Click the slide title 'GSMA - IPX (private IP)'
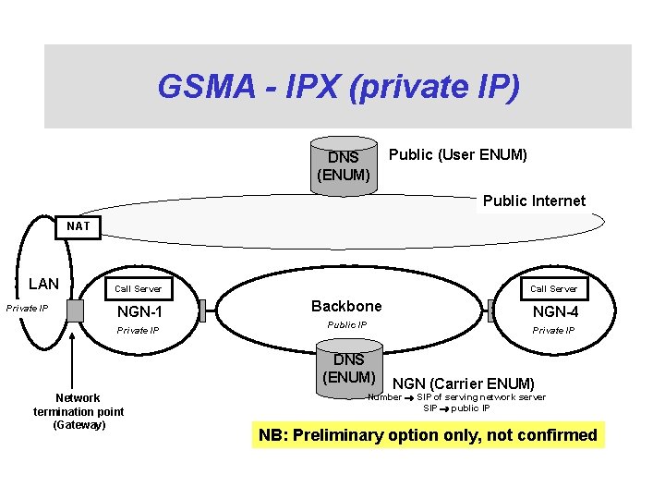pyautogui.click(x=338, y=87)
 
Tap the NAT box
pyautogui.click(x=79, y=225)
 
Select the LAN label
pyautogui.click(x=43, y=284)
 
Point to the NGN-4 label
pyautogui.click(x=555, y=311)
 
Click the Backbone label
pyautogui.click(x=346, y=306)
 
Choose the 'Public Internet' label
pyautogui.click(x=534, y=201)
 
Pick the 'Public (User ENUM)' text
pyautogui.click(x=458, y=155)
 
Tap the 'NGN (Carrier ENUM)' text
pyautogui.click(x=464, y=383)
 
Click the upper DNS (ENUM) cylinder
pyautogui.click(x=345, y=165)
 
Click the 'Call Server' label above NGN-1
pyautogui.click(x=138, y=289)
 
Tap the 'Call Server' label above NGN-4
pyautogui.click(x=554, y=289)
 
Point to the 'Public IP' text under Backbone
pyautogui.click(x=347, y=325)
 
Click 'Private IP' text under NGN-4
pyautogui.click(x=554, y=330)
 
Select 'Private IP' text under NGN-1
pyautogui.click(x=137, y=330)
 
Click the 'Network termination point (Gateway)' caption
pyautogui.click(x=79, y=411)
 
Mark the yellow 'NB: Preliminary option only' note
pyautogui.click(x=428, y=435)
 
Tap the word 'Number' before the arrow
pyautogui.click(x=384, y=397)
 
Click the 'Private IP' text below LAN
pyautogui.click(x=28, y=308)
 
